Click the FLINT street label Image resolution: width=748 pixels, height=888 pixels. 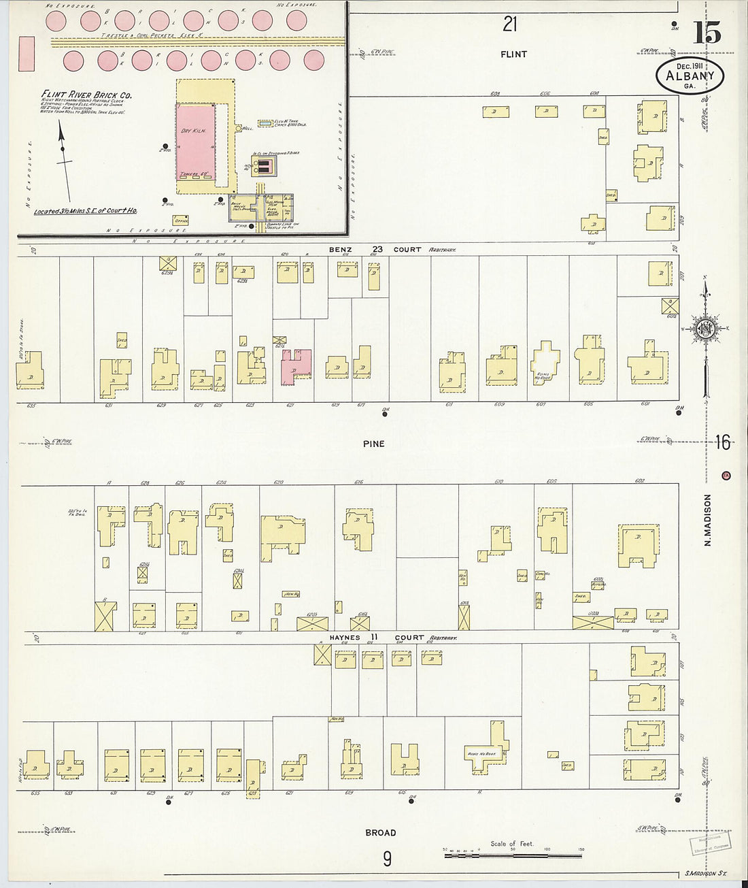pos(513,54)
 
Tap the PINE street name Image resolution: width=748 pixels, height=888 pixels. pos(373,444)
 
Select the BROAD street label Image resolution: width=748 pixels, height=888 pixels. pos(380,833)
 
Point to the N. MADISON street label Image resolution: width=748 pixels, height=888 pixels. pos(708,520)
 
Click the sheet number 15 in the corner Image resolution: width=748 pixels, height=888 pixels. pos(707,33)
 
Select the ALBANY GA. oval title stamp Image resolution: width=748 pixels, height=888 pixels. pos(690,76)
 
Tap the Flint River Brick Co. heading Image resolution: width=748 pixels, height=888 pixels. pos(86,95)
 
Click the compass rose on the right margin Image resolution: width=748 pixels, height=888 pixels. pos(706,329)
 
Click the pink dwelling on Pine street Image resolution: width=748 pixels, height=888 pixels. pos(296,367)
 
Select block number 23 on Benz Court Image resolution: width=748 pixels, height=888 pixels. pos(377,250)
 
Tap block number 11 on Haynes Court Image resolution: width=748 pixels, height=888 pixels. pos(375,638)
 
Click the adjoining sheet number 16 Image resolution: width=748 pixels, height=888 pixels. pos(722,444)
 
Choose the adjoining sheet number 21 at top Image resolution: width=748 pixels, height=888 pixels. pos(510,24)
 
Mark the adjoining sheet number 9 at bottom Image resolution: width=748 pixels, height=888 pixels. pos(386,859)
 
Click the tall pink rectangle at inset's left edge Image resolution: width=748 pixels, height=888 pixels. pos(27,54)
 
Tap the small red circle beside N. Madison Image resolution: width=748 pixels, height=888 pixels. pos(726,475)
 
